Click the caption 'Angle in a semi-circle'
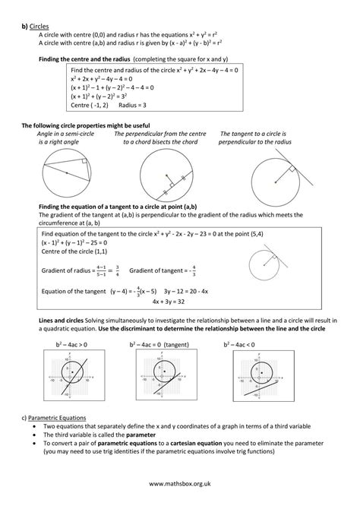63,134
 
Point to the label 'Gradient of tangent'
155,269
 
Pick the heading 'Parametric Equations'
55,418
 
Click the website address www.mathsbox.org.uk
180,482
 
